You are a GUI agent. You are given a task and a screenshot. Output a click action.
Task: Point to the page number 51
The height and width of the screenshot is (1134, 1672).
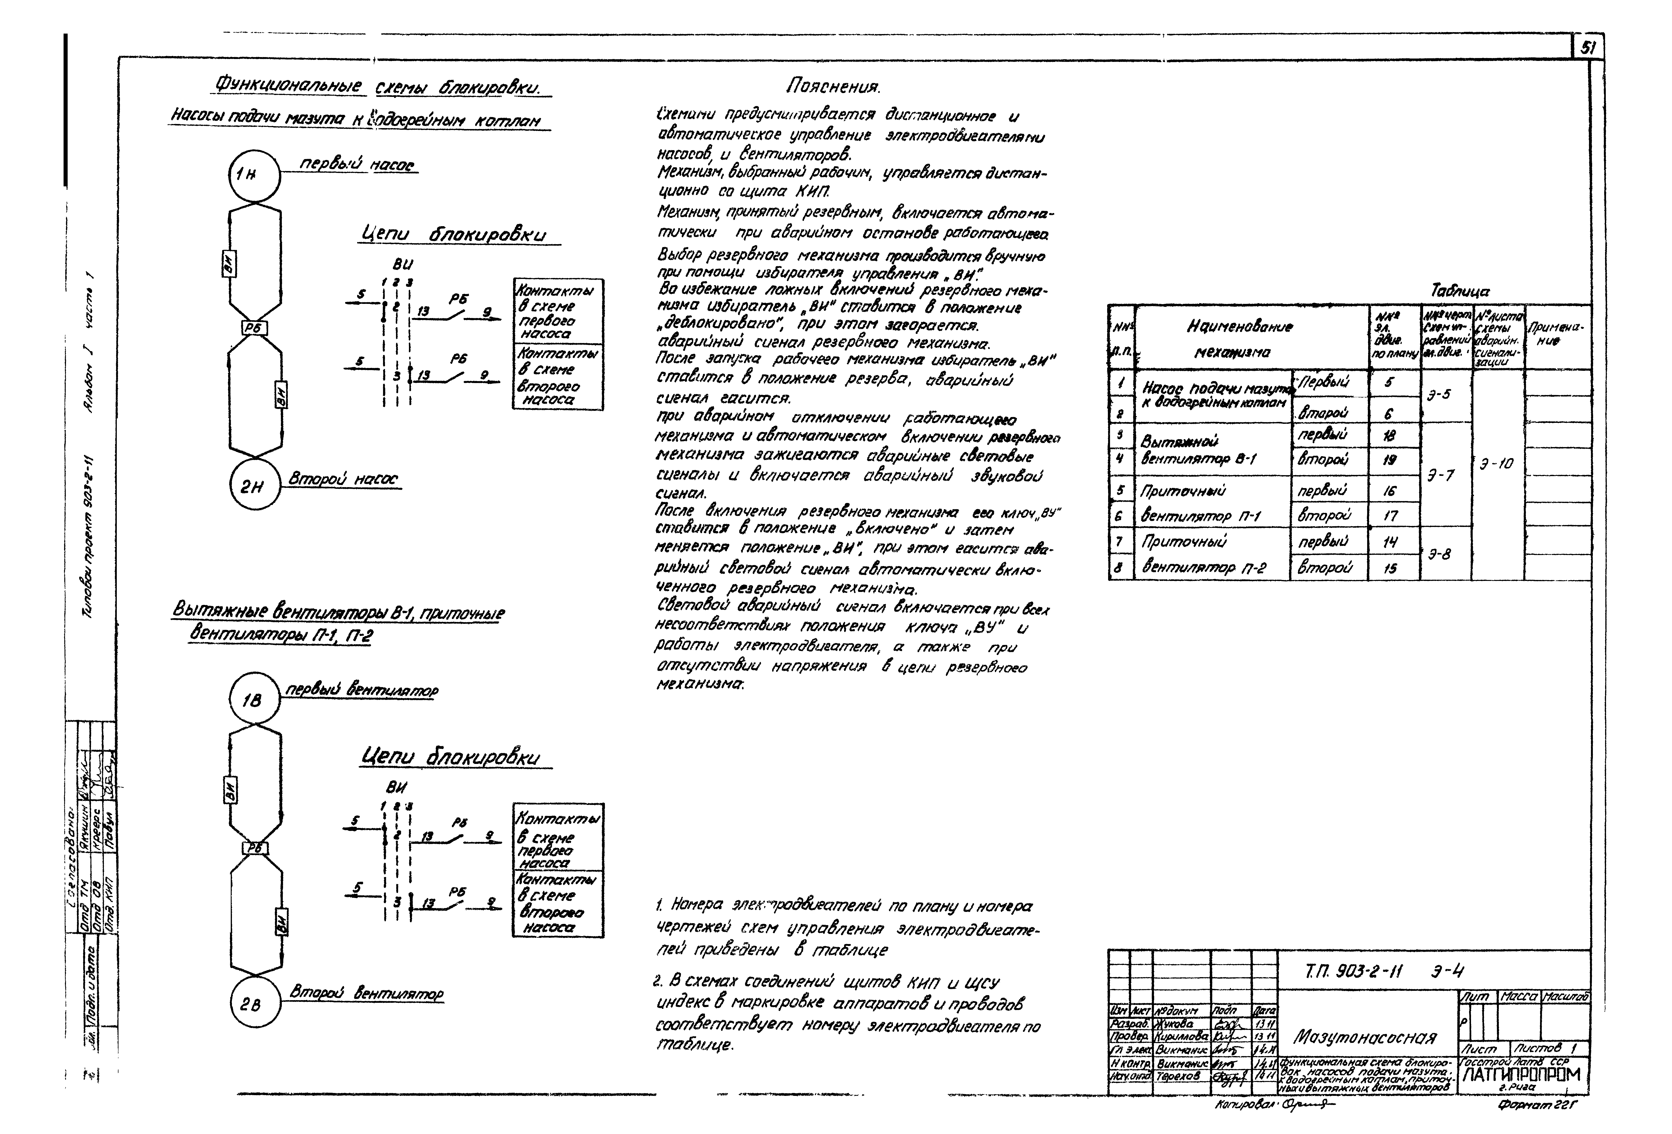(1587, 48)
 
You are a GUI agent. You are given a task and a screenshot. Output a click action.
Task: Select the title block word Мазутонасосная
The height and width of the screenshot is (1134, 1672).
(1364, 1037)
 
